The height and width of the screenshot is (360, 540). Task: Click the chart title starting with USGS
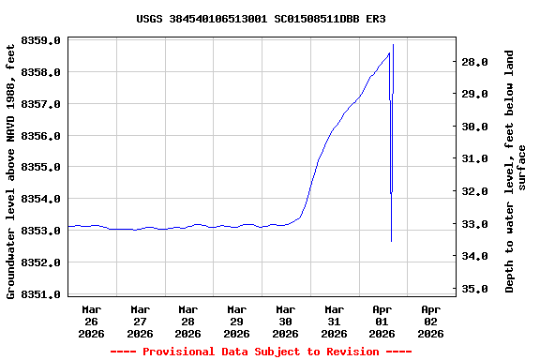coord(261,19)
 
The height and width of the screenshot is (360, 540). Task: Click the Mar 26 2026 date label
coord(92,321)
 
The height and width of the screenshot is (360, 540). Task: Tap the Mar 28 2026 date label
coord(188,321)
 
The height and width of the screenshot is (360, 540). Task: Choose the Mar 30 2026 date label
coord(285,321)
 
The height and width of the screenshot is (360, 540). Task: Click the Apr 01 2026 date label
coord(382,321)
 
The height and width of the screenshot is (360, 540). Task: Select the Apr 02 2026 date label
coord(430,321)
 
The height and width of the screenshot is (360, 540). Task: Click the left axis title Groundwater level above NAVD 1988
coord(11,169)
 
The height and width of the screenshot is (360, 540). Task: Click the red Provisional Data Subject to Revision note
coord(261,352)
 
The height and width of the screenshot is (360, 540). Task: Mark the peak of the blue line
coord(389,52)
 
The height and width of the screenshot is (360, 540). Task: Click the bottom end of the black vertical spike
coord(391,241)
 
